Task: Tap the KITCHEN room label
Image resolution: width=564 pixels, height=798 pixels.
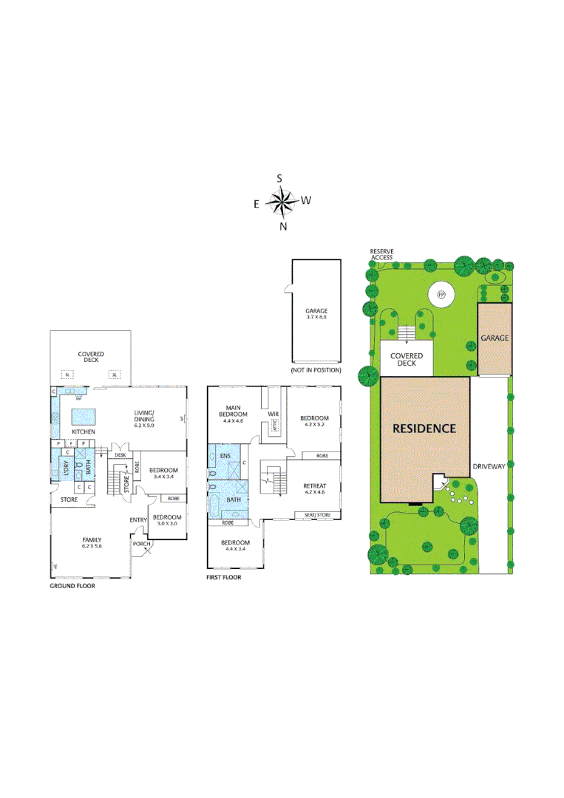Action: point(83,432)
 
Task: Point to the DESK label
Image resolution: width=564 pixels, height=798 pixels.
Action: point(120,455)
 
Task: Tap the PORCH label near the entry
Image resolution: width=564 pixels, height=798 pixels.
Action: point(141,544)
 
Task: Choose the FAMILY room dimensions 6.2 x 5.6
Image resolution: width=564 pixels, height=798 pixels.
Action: point(92,548)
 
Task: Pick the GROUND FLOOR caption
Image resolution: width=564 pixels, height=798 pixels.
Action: point(72,585)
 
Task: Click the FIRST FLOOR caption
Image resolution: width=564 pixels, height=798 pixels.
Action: point(223,577)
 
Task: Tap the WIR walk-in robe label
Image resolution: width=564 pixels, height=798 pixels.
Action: point(272,414)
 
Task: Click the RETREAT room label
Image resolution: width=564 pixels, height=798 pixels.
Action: point(315,485)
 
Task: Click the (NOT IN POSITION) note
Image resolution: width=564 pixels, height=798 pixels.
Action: point(316,369)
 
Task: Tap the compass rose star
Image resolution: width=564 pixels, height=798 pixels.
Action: point(281,200)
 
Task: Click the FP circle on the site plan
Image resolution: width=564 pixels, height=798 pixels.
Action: point(442,295)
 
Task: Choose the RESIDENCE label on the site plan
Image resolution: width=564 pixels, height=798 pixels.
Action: point(424,428)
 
